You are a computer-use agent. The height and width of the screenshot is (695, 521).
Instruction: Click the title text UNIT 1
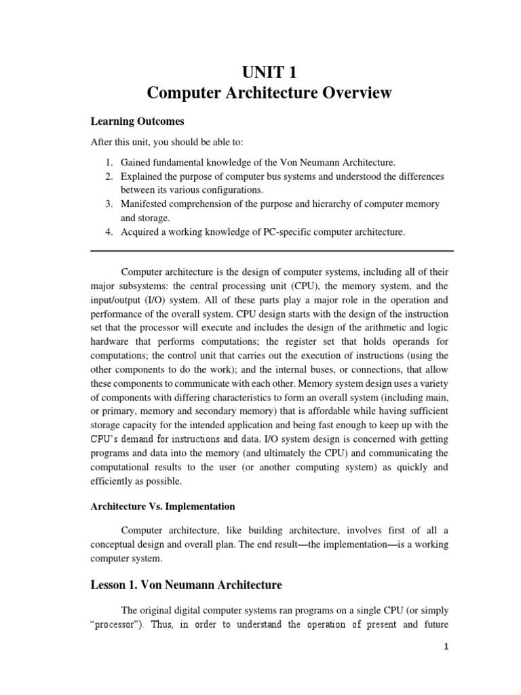coord(271,71)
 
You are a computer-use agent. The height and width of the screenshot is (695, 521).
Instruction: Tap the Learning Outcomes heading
coord(138,121)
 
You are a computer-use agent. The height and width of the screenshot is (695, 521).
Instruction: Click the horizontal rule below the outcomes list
coord(271,251)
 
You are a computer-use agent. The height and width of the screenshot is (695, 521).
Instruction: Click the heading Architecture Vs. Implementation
coord(163,506)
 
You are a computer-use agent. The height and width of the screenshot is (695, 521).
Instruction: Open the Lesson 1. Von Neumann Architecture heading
coord(187,584)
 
